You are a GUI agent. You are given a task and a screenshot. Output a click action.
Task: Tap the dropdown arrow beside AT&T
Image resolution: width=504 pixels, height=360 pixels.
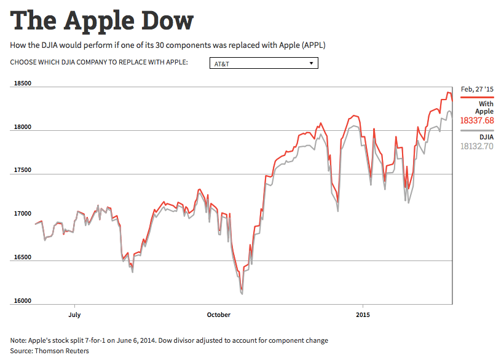click(312, 63)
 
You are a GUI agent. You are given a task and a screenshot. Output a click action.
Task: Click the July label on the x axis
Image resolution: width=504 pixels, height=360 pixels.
click(74, 315)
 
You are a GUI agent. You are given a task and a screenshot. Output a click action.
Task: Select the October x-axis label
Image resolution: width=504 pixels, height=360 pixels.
click(218, 315)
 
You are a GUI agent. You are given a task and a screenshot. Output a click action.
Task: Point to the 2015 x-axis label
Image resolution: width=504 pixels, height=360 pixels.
click(363, 315)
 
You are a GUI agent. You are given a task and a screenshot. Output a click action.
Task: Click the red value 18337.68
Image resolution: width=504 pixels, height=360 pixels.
click(477, 121)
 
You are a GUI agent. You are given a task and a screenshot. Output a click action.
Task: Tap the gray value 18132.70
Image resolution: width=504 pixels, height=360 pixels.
click(477, 146)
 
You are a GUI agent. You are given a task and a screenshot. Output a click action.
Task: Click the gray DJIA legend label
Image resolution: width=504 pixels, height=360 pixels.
click(486, 137)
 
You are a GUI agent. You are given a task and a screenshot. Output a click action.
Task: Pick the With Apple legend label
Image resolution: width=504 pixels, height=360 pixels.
click(484, 108)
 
